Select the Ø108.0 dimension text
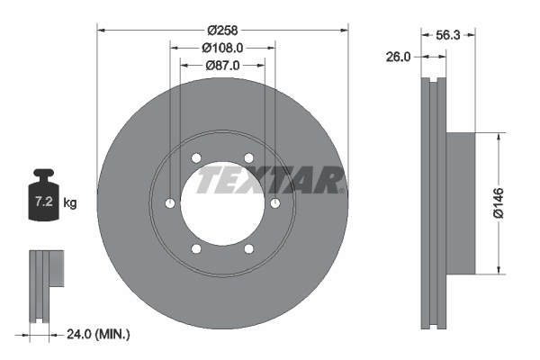coord(223,47)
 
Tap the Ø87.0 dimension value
coord(223,66)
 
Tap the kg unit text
coord(70,203)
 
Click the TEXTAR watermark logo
coord(269,181)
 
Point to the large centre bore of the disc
coord(222,203)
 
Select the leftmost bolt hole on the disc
coord(171,203)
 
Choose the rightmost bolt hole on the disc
coord(274,203)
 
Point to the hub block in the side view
coord(461,203)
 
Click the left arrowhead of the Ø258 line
coord(101,30)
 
